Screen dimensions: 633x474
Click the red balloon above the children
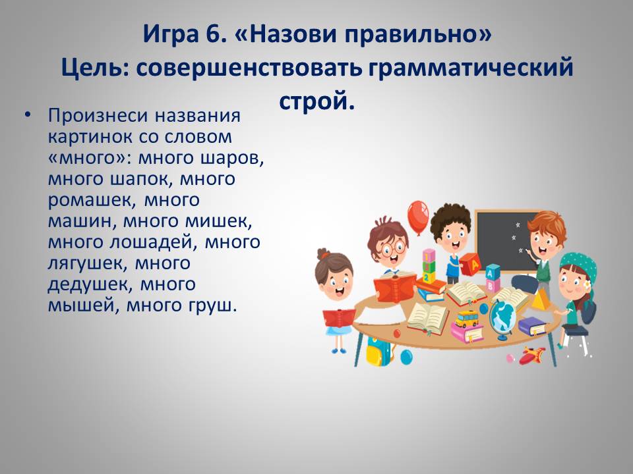click(417, 217)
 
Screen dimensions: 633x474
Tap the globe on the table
click(501, 319)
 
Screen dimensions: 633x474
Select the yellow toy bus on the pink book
click(467, 319)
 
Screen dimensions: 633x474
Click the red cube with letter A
click(470, 264)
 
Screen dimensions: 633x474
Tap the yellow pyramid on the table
click(540, 299)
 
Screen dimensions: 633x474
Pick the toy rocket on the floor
click(531, 355)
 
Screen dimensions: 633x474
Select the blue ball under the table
click(407, 357)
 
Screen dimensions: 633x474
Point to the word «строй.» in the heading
click(317, 101)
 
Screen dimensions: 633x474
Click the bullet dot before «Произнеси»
click(27, 115)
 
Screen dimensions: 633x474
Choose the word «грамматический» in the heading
click(471, 68)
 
